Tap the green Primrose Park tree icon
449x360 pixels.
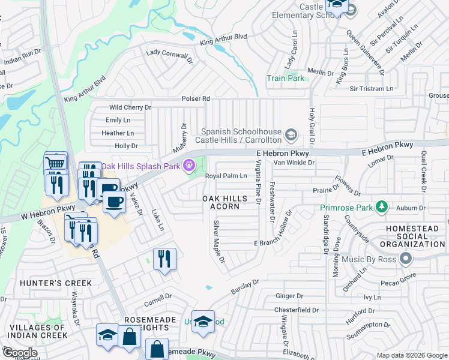[x=381, y=208]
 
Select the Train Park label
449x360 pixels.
[x=286, y=78]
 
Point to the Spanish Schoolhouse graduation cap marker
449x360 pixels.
[x=291, y=135]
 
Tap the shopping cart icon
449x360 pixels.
[x=55, y=163]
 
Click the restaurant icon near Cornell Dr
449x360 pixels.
[x=164, y=259]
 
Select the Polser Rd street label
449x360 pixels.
[x=196, y=98]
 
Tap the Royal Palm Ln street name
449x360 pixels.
[x=226, y=176]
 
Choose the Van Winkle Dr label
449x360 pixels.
[x=294, y=162]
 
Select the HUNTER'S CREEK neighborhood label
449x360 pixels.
[x=56, y=283]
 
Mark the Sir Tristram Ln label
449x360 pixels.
[x=370, y=88]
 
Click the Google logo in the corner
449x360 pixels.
[x=20, y=352]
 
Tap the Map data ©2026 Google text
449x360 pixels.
[x=411, y=355]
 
